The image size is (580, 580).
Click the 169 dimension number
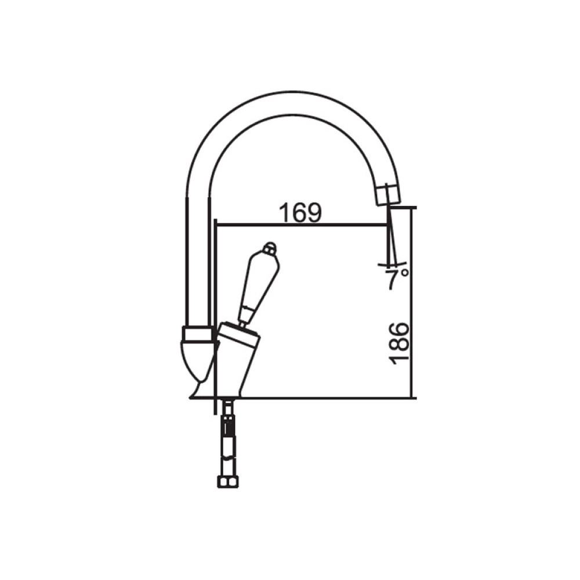(300, 213)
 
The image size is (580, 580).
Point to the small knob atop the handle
(270, 249)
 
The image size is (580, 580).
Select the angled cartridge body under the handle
(238, 361)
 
